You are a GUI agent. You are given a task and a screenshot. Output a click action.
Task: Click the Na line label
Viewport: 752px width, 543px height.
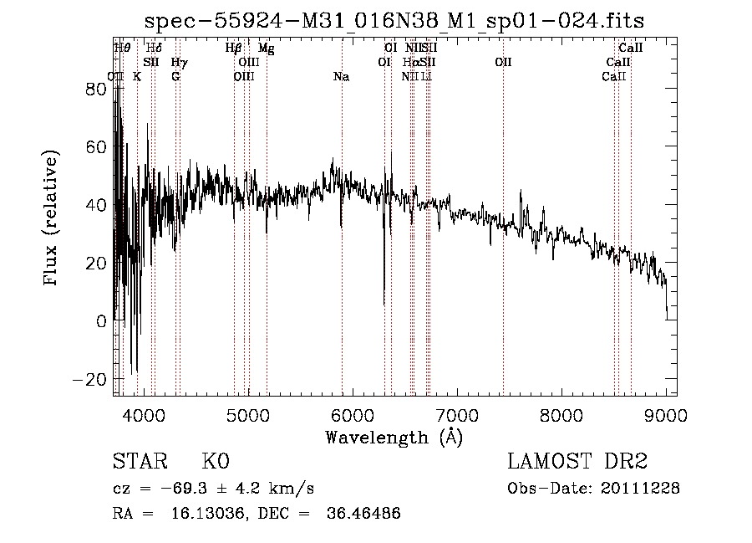(x=341, y=76)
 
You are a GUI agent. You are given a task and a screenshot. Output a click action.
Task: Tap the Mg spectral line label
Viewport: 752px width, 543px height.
(x=266, y=49)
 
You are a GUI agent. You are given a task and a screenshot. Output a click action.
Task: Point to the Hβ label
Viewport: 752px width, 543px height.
(x=234, y=49)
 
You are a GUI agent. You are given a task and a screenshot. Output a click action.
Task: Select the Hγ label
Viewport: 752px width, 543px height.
(x=179, y=62)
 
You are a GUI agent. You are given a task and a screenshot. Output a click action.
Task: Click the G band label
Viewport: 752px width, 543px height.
(x=175, y=76)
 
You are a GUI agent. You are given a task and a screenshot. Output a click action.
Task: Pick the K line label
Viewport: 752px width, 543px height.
(x=137, y=76)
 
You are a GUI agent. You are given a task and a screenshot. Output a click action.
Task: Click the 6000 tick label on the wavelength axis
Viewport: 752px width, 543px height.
(x=353, y=414)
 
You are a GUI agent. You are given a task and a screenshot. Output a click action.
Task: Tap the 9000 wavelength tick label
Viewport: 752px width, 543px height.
(x=666, y=414)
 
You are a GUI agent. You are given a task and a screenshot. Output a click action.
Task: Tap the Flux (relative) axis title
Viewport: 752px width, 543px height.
(x=52, y=220)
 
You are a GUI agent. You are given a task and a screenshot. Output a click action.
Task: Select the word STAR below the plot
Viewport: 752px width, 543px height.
(x=139, y=462)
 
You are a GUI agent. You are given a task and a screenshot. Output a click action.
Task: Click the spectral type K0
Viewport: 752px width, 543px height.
(x=215, y=462)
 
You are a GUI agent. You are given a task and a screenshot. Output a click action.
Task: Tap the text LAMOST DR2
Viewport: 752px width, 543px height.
(x=577, y=462)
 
